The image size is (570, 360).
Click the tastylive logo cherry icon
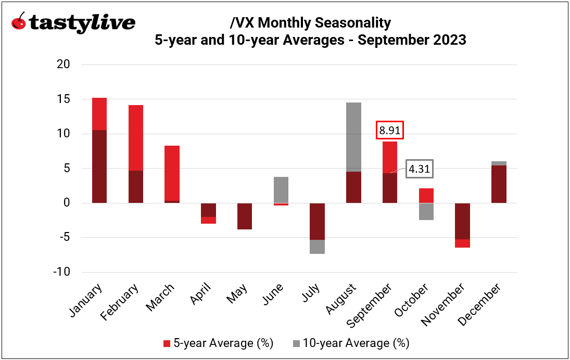pyautogui.click(x=19, y=22)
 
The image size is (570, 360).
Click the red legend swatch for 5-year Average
pyautogui.click(x=167, y=343)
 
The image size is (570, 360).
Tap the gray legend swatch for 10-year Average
pyautogui.click(x=296, y=343)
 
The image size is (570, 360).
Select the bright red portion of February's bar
pyautogui.click(x=136, y=138)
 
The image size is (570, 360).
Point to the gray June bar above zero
pyautogui.click(x=281, y=189)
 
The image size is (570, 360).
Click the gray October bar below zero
pyautogui.click(x=426, y=212)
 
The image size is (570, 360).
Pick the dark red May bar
pyautogui.click(x=245, y=216)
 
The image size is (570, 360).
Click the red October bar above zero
pyautogui.click(x=426, y=196)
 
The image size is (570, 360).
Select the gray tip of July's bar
pyautogui.click(x=318, y=247)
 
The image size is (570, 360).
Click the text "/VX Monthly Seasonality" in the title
pyautogui.click(x=310, y=23)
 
